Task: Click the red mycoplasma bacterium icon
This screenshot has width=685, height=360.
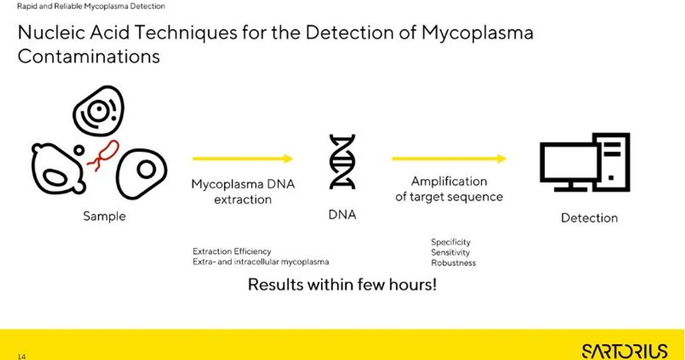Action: pyautogui.click(x=103, y=155)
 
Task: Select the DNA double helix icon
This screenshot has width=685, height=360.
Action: pyautogui.click(x=342, y=162)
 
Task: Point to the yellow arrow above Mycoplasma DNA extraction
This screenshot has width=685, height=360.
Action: pyautogui.click(x=243, y=159)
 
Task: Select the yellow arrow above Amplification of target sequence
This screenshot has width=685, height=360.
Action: pyautogui.click(x=448, y=159)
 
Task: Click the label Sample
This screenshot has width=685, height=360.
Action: pyautogui.click(x=104, y=217)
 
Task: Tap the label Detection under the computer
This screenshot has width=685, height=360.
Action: pyautogui.click(x=589, y=218)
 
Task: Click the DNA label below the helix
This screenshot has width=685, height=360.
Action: pyautogui.click(x=342, y=215)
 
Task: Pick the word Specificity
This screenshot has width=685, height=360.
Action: pyautogui.click(x=451, y=242)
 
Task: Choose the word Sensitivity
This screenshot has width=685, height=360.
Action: pyautogui.click(x=450, y=253)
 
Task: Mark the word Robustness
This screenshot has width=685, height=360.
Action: pyautogui.click(x=453, y=263)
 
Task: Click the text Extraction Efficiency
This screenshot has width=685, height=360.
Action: pyautogui.click(x=231, y=251)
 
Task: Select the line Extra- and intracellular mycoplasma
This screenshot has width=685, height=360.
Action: pyautogui.click(x=261, y=262)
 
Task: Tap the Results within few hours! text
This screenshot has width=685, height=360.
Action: pyautogui.click(x=342, y=284)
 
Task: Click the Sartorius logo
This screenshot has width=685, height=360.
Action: pyautogui.click(x=624, y=350)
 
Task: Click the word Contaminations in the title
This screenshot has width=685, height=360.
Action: pyautogui.click(x=89, y=57)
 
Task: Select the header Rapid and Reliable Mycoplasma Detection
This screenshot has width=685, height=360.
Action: pyautogui.click(x=91, y=6)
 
